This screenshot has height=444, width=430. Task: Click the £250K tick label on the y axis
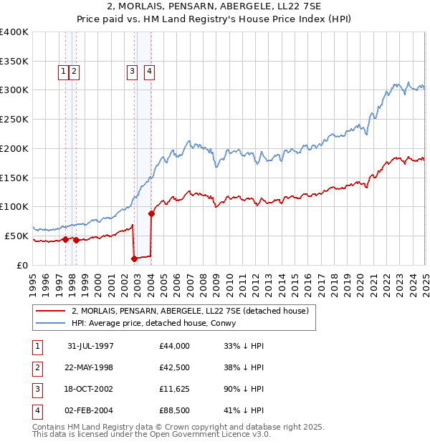tap(14, 120)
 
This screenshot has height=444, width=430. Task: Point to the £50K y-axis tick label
tap(16, 236)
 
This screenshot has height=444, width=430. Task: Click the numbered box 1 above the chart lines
tap(64, 71)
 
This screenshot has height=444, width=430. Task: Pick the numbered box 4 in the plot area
tap(148, 71)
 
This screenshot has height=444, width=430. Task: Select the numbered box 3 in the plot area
tap(133, 71)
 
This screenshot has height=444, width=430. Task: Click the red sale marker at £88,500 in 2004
tap(151, 213)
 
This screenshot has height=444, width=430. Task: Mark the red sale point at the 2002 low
tap(134, 258)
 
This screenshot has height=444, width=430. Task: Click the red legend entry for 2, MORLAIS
tap(190, 311)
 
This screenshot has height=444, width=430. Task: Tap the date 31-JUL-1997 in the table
tap(90, 346)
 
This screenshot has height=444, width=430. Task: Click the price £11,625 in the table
tap(175, 389)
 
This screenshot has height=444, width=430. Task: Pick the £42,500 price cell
tap(175, 367)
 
